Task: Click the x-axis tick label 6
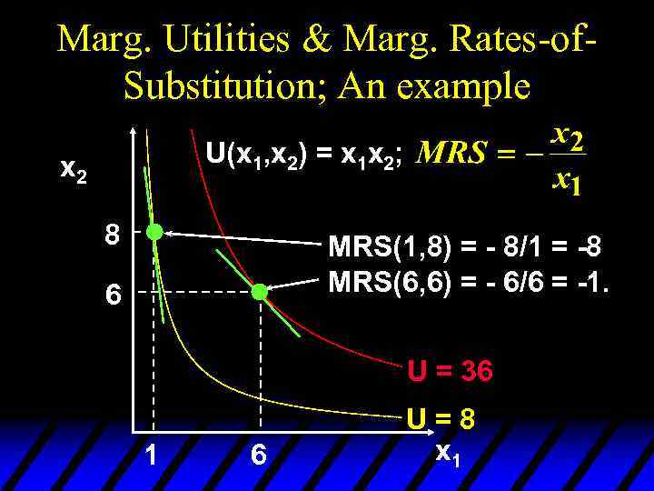coord(259,454)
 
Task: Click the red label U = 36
coord(450,371)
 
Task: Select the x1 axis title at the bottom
coord(448,451)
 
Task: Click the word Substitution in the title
coord(225,86)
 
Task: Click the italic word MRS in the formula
coord(450,154)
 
